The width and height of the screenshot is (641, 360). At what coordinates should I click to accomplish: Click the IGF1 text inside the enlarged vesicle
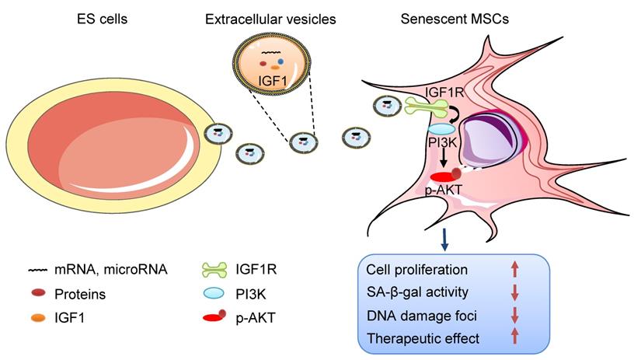(270, 79)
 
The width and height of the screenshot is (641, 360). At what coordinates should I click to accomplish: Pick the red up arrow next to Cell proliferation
(514, 271)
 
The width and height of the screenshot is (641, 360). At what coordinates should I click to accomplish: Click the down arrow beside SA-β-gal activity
(514, 293)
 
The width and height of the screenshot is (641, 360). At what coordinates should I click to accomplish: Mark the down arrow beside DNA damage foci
(514, 316)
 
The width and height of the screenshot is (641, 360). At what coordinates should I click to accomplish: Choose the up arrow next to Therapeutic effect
(514, 339)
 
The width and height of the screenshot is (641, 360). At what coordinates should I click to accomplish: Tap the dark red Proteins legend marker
(37, 295)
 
